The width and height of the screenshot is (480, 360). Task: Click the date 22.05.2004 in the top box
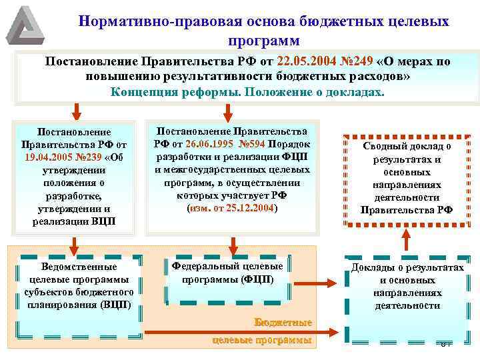(303, 62)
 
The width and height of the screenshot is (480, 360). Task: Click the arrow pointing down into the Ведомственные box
(76, 241)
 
